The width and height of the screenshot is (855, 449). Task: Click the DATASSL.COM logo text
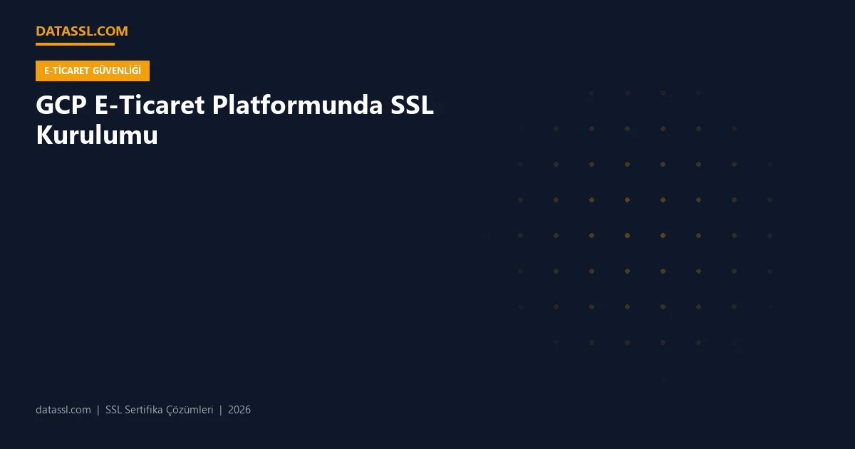(x=82, y=31)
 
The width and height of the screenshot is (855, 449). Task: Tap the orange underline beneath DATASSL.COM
(x=75, y=44)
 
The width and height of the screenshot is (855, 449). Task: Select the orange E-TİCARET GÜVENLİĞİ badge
(x=93, y=71)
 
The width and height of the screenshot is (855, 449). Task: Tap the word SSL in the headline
(x=413, y=105)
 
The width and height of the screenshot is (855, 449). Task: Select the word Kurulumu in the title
(x=97, y=135)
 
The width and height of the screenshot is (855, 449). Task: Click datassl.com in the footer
(x=63, y=410)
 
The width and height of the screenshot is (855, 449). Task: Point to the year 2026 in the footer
(x=239, y=410)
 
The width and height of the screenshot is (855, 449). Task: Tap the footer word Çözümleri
(x=190, y=410)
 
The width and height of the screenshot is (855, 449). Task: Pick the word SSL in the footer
(x=113, y=410)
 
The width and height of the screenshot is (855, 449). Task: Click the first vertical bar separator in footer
(x=98, y=410)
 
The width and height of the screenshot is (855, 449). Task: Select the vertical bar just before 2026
(x=221, y=410)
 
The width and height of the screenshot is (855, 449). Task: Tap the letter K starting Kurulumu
(x=43, y=135)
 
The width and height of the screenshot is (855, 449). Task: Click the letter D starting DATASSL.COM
(x=40, y=31)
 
